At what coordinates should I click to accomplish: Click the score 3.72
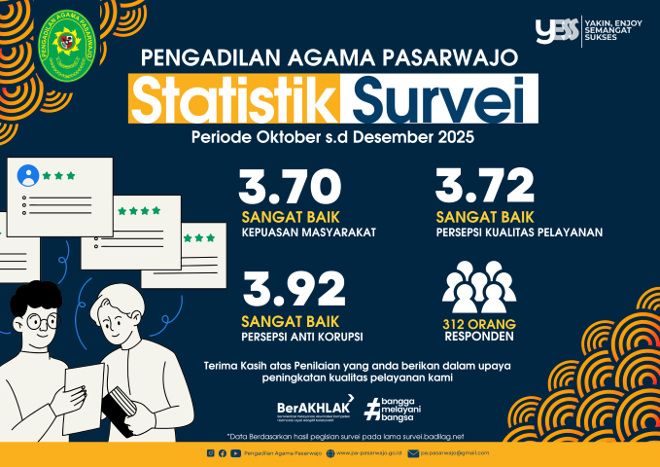pyautogui.click(x=485, y=186)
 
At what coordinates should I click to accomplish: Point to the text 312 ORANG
pyautogui.click(x=479, y=324)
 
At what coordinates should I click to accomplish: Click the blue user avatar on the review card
pyautogui.click(x=28, y=176)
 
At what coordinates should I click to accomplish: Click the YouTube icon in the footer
pyautogui.click(x=234, y=453)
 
